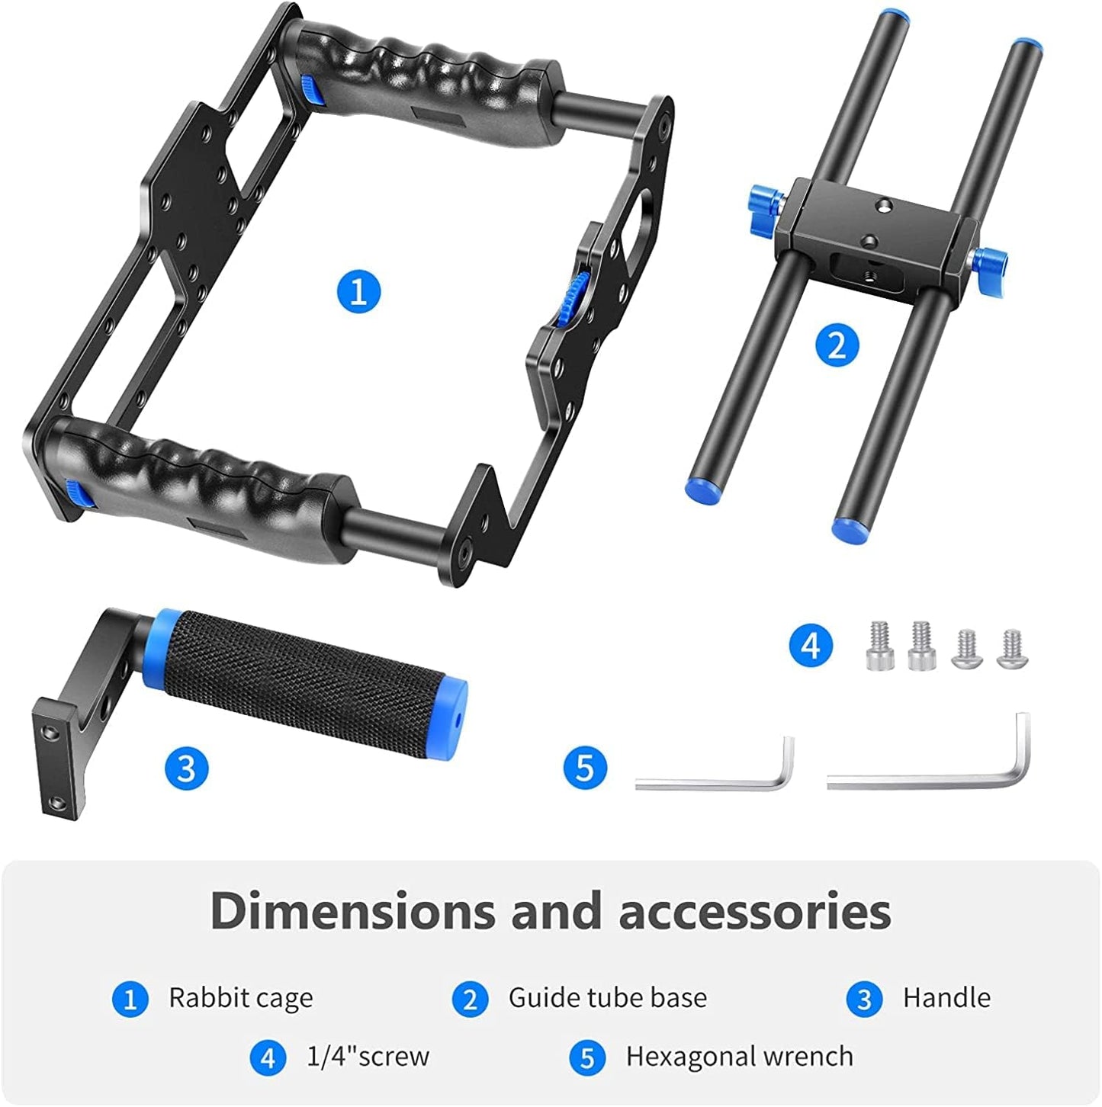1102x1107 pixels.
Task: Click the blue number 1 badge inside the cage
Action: click(358, 291)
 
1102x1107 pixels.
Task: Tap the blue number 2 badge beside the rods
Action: click(837, 345)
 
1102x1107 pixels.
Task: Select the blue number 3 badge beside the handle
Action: click(186, 767)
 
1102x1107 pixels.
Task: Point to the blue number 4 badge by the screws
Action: click(811, 646)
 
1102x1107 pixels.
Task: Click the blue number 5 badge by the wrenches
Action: click(585, 767)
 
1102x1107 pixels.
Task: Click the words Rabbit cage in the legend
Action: click(240, 998)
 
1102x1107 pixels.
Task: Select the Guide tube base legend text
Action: click(607, 998)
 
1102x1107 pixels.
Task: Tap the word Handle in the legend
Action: click(946, 998)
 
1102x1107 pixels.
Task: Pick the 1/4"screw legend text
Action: click(368, 1057)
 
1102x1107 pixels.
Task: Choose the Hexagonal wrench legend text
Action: click(739, 1057)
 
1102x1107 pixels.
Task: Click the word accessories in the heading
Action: click(754, 911)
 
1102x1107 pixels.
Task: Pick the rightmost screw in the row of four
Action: click(1012, 650)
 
